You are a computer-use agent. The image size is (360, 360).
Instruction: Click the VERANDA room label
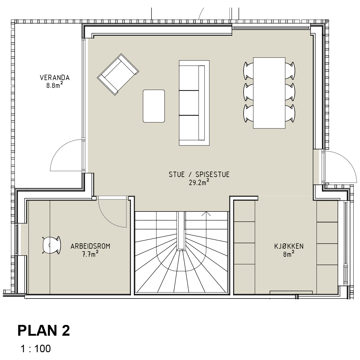pos(55,78)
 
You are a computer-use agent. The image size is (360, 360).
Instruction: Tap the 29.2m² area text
pos(199,182)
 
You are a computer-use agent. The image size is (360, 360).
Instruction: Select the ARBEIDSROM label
pos(90,246)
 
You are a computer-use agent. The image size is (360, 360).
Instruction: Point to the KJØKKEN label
pos(289,246)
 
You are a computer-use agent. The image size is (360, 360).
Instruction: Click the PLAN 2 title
pos(44,331)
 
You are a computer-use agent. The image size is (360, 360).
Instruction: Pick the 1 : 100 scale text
pos(36,349)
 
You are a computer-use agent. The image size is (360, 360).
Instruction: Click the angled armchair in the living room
pos(118,74)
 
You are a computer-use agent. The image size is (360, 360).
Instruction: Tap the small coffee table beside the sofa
pos(154,106)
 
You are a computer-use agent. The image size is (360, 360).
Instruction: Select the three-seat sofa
pos(194,103)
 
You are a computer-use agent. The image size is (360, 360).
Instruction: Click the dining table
pos(269,93)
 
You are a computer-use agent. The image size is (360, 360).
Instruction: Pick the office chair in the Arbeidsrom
pos(52,245)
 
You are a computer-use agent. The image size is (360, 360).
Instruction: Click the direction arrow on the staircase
pos(206,214)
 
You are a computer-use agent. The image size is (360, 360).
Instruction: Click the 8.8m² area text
pos(55,85)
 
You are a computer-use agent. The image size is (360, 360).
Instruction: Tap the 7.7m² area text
pos(90,254)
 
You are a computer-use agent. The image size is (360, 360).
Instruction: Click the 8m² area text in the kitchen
pos(289,254)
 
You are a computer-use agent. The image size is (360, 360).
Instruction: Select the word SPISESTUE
pos(212,175)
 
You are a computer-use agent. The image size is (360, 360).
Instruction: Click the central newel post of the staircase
pos(181,231)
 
